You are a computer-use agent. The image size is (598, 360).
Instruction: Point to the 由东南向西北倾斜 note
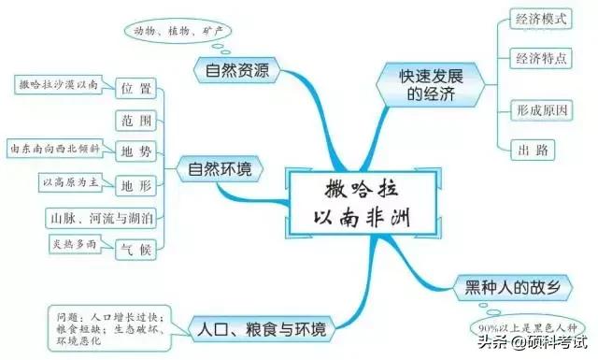(x=54, y=149)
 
